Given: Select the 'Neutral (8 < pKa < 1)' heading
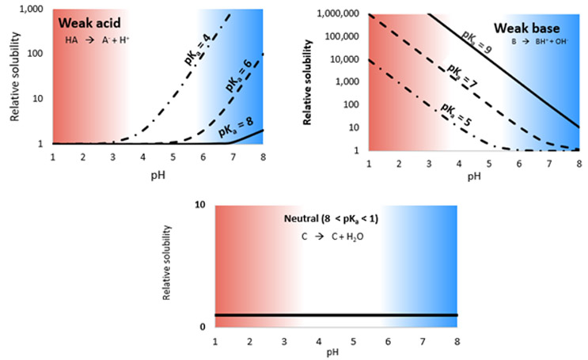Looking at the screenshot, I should pyautogui.click(x=335, y=217).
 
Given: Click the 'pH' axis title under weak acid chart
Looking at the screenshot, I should pyautogui.click(x=161, y=169).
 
